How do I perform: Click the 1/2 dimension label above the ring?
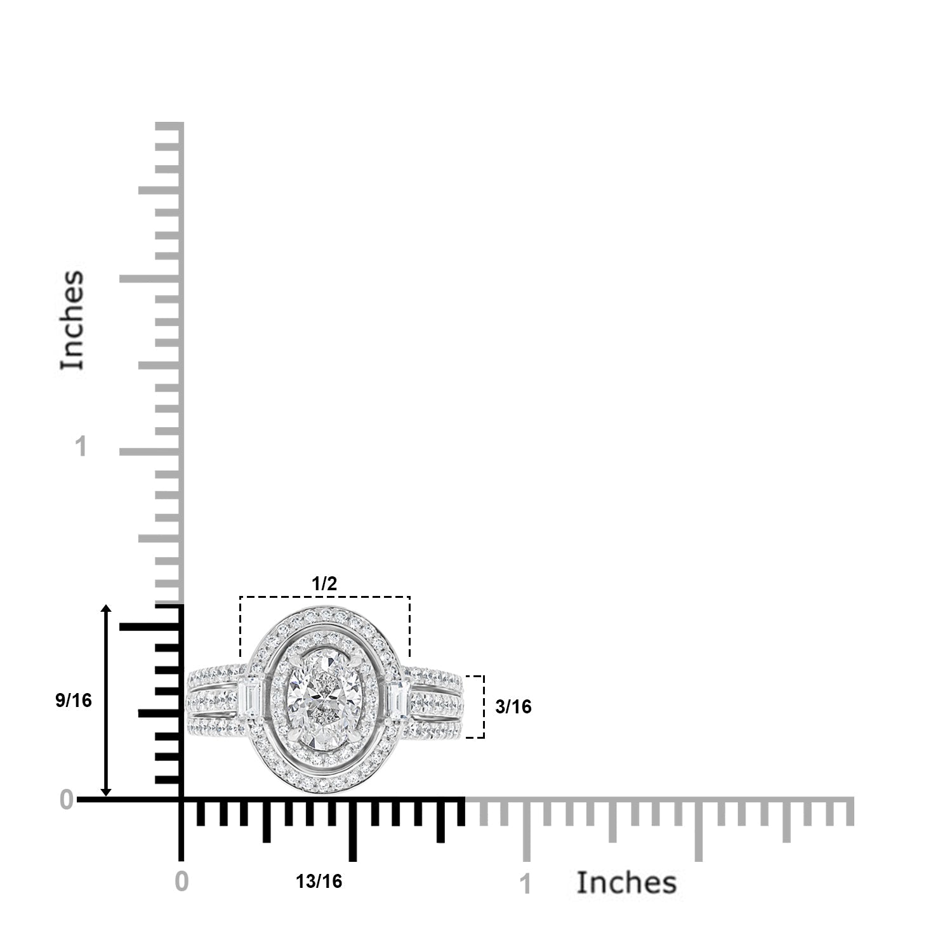324,584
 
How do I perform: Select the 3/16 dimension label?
513,706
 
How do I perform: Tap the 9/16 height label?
74,701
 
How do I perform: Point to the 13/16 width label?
319,882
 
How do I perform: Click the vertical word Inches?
72,320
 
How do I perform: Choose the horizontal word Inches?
626,883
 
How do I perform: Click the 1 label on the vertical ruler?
81,447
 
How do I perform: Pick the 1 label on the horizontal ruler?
525,884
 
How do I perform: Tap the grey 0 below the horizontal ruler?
182,882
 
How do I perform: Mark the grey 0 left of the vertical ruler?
67,800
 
